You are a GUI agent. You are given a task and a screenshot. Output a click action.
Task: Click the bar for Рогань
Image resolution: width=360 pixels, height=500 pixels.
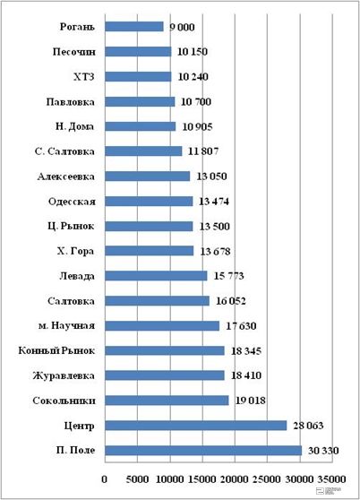point(134,27)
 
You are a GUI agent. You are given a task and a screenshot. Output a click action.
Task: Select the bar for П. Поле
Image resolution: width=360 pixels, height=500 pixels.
point(203,451)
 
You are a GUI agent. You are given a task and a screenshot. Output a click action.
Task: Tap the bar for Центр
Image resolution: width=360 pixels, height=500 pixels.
point(196,426)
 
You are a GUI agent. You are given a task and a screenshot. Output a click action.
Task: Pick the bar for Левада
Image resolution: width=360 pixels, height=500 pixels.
point(156,276)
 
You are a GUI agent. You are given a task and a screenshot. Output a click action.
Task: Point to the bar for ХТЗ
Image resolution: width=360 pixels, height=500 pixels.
point(138,76)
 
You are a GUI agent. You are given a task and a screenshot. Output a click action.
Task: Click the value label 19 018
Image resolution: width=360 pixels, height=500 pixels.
point(251,401)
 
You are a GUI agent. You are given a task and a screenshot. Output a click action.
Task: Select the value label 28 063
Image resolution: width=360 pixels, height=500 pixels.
point(308,426)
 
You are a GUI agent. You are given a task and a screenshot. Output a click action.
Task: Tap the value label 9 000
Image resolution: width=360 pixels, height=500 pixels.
point(182,27)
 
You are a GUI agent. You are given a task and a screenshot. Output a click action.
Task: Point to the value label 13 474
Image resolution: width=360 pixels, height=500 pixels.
point(214,202)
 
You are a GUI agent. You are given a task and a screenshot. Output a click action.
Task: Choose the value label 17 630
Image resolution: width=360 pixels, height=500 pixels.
point(241,326)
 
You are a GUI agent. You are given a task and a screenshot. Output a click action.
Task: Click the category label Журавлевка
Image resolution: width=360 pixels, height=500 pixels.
point(64,375)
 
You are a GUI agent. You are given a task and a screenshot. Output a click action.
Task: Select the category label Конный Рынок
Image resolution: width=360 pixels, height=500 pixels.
point(56,350)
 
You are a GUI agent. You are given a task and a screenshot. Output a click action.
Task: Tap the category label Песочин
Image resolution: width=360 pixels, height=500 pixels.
point(74,52)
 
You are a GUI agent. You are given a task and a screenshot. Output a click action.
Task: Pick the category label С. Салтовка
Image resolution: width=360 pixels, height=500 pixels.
point(64,151)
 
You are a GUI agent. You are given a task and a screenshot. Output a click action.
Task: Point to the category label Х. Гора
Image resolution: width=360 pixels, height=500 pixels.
point(75,251)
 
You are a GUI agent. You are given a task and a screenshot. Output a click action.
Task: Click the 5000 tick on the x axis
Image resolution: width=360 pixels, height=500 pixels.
point(137,479)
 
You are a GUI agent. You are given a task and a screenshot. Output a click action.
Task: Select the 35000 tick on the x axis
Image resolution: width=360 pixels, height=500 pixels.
point(331,479)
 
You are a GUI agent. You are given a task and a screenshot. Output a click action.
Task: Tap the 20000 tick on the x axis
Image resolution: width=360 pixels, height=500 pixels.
point(235,479)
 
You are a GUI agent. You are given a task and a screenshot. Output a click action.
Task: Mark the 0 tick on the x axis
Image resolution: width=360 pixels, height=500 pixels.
point(105,479)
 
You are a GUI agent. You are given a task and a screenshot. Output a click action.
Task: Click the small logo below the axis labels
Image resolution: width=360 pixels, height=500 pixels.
point(329,490)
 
